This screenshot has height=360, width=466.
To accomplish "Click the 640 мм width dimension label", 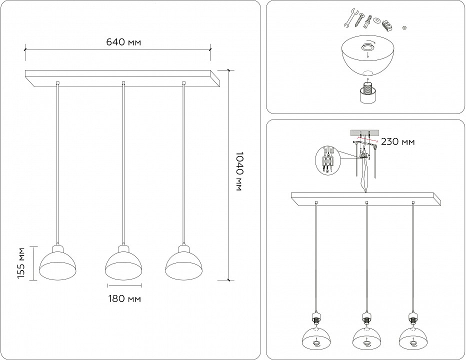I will pos(123,42).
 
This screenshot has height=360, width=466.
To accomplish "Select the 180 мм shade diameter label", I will pos(124,299).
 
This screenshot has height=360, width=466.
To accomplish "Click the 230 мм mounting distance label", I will pos(397,141).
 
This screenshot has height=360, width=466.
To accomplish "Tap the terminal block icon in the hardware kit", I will pos(387,23).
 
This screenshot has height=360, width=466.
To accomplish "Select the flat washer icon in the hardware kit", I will pos(378,20).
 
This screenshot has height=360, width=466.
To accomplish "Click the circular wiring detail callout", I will pos(328,159).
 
